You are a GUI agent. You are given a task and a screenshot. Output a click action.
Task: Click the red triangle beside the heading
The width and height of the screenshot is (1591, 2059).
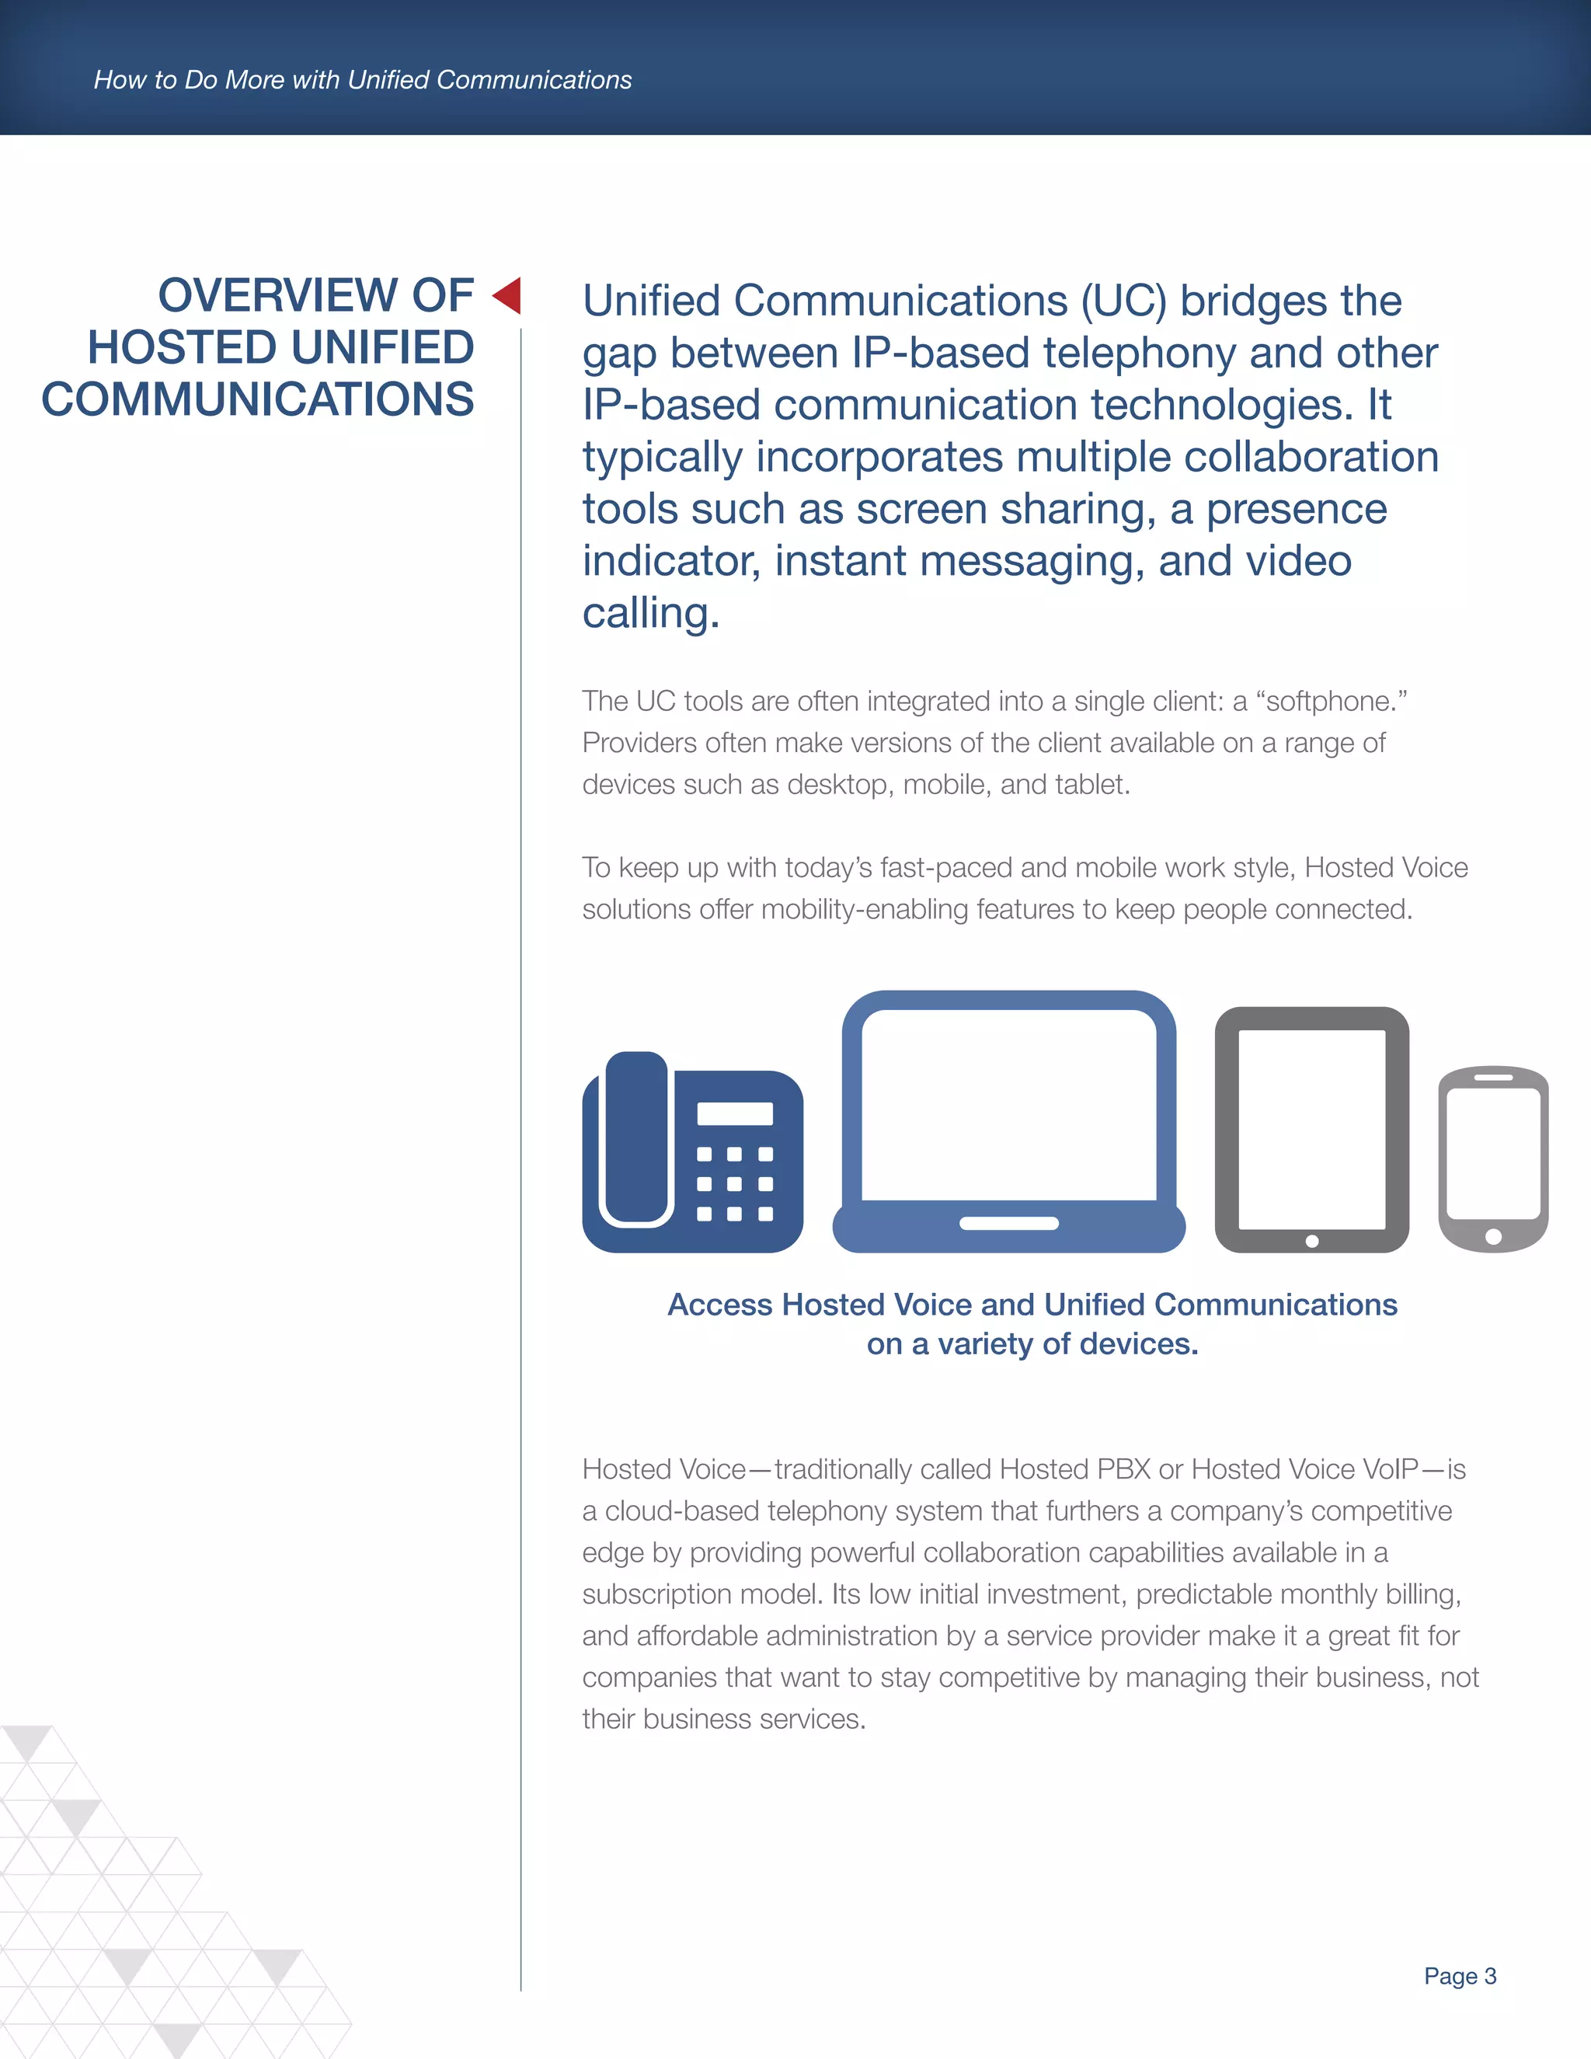(508, 295)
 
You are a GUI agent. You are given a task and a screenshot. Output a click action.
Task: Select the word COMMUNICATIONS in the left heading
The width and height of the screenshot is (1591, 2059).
(257, 399)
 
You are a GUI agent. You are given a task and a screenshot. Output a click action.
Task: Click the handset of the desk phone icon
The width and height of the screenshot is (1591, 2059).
(636, 1139)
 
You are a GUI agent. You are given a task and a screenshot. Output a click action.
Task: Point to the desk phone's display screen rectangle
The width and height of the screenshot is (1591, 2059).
(734, 1113)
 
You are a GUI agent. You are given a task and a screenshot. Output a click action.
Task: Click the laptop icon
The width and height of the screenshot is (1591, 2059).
(1008, 1122)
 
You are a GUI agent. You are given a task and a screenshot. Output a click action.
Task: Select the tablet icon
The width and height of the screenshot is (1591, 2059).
(1311, 1130)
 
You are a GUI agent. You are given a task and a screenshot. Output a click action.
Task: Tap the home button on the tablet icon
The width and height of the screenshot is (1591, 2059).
(1312, 1242)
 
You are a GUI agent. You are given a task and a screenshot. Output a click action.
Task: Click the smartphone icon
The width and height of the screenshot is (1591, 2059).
(1493, 1158)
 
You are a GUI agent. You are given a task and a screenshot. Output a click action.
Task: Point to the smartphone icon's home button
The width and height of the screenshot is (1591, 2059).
(1493, 1236)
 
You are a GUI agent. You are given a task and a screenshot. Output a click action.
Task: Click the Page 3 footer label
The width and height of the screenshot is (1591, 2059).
(1459, 1976)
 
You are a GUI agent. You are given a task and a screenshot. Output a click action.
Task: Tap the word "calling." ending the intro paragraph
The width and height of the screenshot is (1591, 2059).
(650, 614)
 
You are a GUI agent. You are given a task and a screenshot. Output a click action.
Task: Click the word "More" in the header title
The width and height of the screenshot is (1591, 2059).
(255, 80)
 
